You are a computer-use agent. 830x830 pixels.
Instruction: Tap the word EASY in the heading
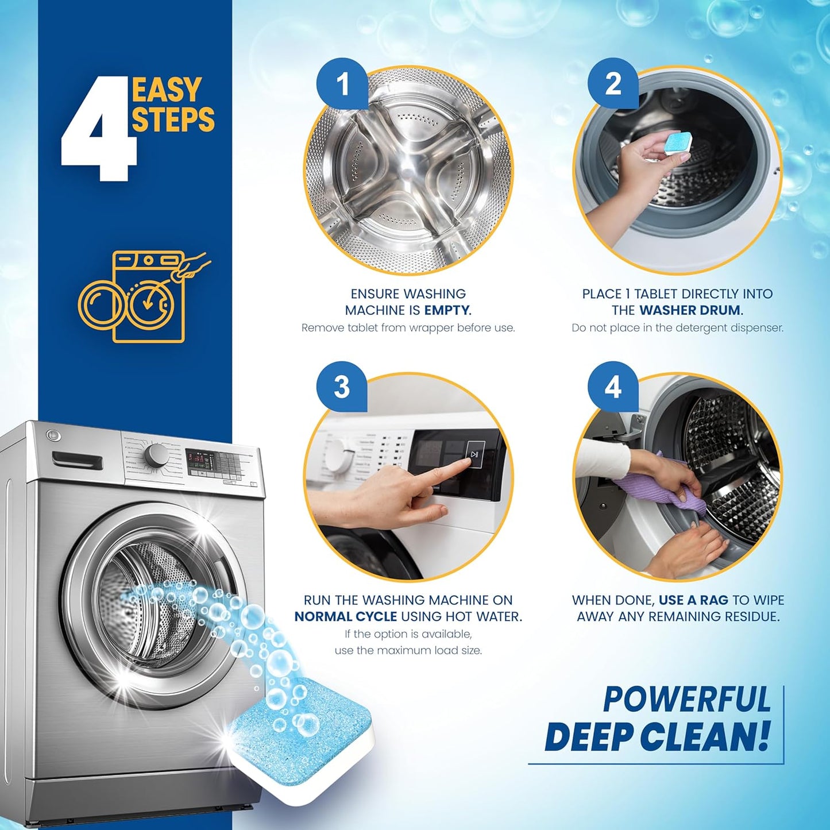pos(167,90)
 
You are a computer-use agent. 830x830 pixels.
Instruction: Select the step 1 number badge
pos(342,84)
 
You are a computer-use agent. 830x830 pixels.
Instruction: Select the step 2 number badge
pos(613,84)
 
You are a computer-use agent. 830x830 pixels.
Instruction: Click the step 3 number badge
pos(342,387)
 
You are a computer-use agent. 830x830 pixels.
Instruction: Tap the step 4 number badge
pos(613,387)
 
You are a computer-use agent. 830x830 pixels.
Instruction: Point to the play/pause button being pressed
pos(475,454)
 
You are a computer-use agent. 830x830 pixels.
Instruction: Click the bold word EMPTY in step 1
pos(447,311)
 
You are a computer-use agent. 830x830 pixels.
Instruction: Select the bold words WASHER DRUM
pos(691,311)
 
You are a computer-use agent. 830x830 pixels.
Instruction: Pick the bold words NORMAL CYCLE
pos(346,617)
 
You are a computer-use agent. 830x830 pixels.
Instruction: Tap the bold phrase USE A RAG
pos(693,600)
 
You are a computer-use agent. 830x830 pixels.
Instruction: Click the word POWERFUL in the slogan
pos(686,700)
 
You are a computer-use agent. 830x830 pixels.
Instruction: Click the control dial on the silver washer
pos(156,455)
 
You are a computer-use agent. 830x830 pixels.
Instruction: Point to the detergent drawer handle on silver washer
pos(77,460)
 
